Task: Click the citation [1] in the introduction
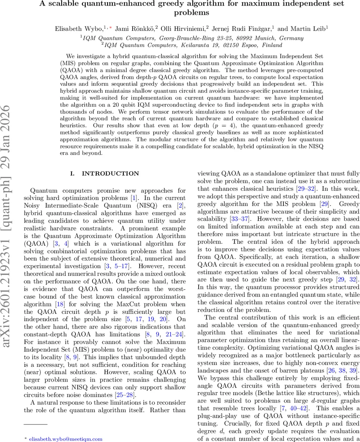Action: tap(136, 199)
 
